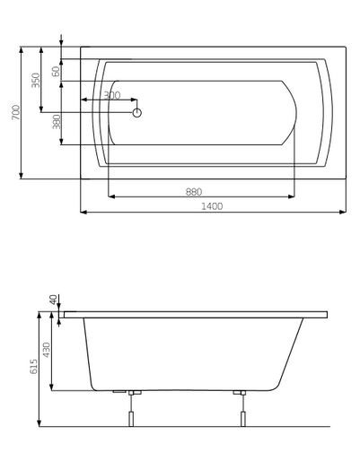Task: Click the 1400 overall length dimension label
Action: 212,206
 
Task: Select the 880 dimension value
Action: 193,190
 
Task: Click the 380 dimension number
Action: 57,122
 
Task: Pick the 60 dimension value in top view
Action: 56,71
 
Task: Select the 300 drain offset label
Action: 111,95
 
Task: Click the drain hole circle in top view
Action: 137,113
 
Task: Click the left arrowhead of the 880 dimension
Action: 110,196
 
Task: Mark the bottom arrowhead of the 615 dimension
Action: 40,423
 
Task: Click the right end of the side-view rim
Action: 327,315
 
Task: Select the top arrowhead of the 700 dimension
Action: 21,49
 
